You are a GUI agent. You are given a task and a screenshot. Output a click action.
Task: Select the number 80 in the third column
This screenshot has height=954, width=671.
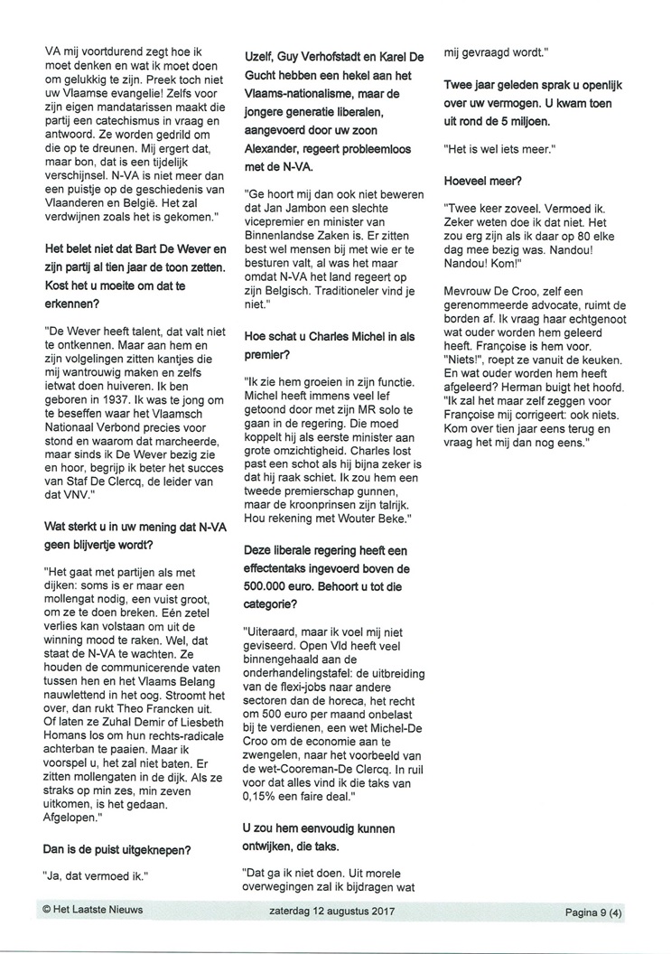(x=596, y=244)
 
